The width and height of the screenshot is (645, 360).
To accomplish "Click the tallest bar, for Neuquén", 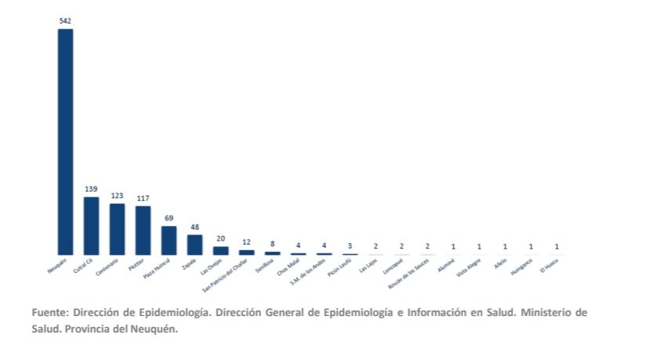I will (65, 141).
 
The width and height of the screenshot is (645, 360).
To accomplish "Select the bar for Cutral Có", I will (91, 225).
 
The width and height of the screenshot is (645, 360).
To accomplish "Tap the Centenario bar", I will (117, 228).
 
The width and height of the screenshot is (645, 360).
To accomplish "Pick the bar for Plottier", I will (143, 230).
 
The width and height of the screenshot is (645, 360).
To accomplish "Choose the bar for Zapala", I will (194, 244).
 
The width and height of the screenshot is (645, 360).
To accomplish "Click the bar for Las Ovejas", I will (220, 250).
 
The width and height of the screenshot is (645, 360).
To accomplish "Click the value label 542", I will (65, 20).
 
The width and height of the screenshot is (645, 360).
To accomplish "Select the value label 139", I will (91, 189).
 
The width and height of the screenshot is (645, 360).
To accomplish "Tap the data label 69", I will (168, 218).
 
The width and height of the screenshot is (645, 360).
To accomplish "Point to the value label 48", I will (194, 227).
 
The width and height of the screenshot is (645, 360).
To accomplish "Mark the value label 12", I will (246, 242).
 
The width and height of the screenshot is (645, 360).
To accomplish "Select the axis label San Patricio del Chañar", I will (227, 277).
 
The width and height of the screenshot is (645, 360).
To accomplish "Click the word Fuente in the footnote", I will (51, 311).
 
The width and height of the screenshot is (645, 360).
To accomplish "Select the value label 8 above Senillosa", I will (272, 244).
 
